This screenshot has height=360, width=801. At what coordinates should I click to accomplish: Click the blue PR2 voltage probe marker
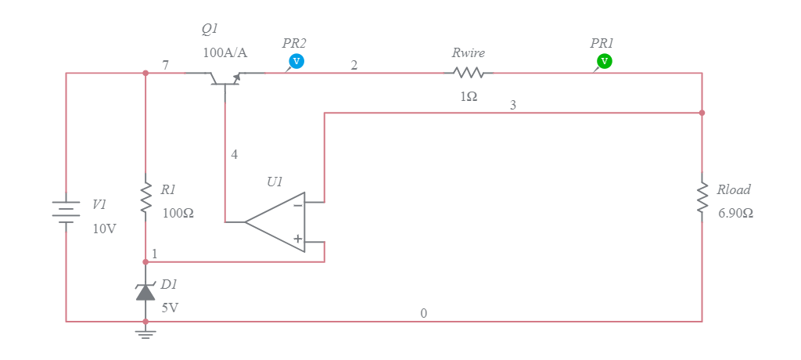[296, 61]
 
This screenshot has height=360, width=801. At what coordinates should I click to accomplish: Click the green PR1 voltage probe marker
[604, 61]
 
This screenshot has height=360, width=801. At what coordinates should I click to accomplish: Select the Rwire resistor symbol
[469, 73]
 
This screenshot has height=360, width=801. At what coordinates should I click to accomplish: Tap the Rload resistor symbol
[702, 198]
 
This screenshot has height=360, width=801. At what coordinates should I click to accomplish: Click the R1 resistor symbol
[145, 198]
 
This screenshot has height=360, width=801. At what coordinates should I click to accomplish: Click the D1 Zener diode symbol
[145, 292]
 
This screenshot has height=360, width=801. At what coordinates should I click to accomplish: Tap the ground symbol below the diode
[145, 333]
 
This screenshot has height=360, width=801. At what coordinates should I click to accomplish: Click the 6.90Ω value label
[735, 213]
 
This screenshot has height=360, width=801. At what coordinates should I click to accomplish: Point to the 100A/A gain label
[224, 53]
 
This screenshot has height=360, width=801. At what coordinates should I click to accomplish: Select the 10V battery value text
[104, 229]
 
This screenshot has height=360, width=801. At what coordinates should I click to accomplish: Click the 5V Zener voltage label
[170, 308]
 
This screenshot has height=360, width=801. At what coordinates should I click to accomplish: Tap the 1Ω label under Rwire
[469, 96]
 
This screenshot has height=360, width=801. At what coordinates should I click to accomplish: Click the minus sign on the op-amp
[298, 206]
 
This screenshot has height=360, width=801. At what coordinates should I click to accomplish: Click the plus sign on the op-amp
[298, 239]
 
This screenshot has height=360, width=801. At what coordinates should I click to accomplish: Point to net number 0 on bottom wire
[424, 313]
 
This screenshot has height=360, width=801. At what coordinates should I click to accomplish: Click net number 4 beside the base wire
[234, 154]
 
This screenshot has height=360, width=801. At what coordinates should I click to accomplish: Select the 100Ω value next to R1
[178, 213]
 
